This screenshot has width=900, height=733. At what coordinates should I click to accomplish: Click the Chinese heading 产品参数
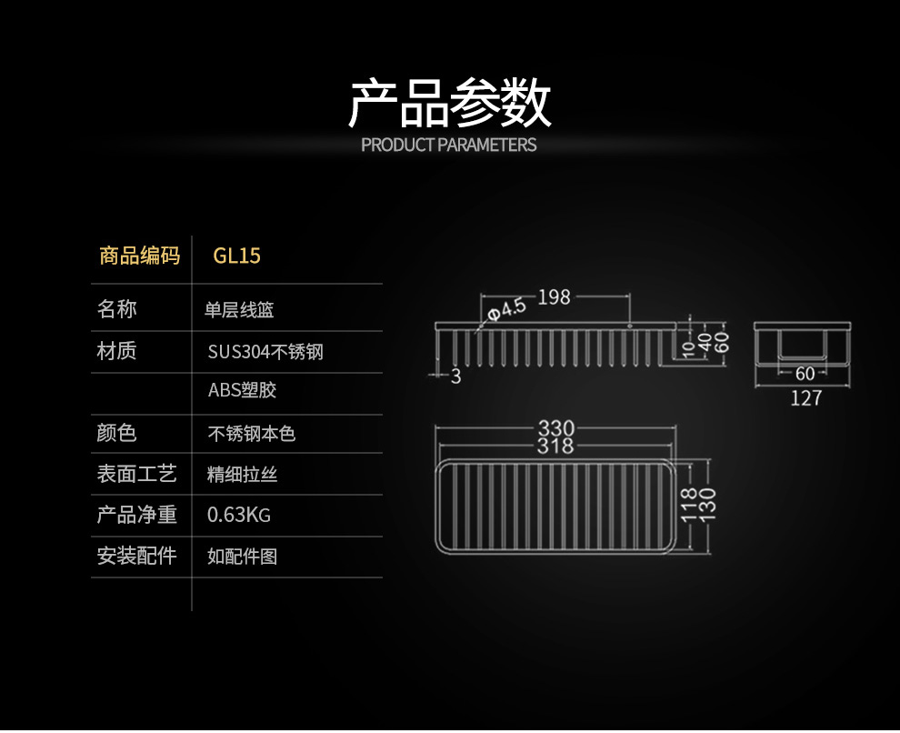pos(449,103)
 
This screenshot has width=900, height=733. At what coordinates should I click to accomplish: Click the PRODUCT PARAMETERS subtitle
pos(449,145)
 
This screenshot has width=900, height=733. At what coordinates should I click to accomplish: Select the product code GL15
pos(236,256)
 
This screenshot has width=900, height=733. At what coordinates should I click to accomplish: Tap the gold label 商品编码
pos(139,256)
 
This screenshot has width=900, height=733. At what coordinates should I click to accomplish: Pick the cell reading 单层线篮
pos(239,310)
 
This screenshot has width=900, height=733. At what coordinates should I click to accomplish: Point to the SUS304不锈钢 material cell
pos(265,351)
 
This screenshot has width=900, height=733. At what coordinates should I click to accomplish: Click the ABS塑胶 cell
pos(242,390)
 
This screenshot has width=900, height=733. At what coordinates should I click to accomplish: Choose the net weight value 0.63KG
pos(238,516)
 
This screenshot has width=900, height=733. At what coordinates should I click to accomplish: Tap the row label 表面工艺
pos(136,474)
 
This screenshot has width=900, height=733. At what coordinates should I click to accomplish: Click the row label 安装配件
pos(136,555)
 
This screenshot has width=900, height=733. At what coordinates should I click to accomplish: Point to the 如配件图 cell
pos(242,556)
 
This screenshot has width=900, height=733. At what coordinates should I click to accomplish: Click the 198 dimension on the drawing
pos(554,296)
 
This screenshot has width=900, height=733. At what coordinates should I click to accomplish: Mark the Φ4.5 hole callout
pos(506,309)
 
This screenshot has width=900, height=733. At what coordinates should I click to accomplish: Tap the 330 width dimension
pos(555,428)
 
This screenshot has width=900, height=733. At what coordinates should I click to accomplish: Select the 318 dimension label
pos(555,446)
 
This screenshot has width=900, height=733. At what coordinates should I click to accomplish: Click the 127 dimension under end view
pos(805,397)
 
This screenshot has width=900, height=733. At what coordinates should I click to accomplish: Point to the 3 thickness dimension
pos(456,377)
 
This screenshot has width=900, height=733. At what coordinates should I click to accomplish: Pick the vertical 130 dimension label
pos(709,506)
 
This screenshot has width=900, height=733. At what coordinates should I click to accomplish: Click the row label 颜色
pos(116,433)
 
